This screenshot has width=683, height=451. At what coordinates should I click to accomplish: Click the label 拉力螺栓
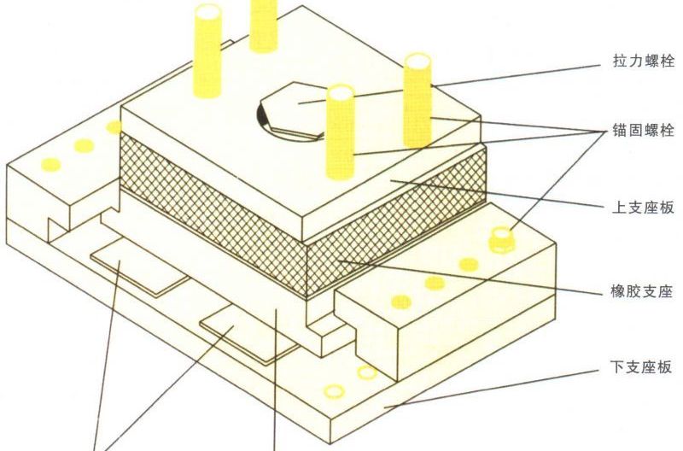pyautogui.click(x=644, y=61)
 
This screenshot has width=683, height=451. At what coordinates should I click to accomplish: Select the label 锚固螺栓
pyautogui.click(x=644, y=130)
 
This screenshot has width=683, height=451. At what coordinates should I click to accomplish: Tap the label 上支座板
pyautogui.click(x=644, y=208)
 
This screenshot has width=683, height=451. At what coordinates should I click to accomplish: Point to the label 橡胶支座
pyautogui.click(x=642, y=290)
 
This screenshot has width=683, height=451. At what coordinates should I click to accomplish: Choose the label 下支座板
pyautogui.click(x=641, y=367)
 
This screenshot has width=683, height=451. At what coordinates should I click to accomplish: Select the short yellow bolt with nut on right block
pyautogui.click(x=502, y=239)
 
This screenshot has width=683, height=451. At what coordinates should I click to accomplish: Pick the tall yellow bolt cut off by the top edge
pyautogui.click(x=263, y=26)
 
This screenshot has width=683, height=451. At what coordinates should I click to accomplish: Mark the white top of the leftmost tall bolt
pyautogui.click(x=207, y=12)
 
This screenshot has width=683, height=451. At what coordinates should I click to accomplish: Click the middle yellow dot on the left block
pyautogui.click(x=84, y=145)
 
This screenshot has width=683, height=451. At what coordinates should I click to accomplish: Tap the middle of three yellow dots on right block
pyautogui.click(x=435, y=283)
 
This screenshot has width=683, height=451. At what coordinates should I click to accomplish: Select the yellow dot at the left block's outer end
pyautogui.click(x=51, y=165)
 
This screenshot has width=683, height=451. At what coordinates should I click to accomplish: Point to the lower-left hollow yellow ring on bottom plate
pyautogui.click(x=335, y=391)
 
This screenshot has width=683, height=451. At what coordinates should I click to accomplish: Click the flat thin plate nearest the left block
pyautogui.click(x=140, y=266)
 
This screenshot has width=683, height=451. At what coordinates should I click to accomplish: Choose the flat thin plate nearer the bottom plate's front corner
pyautogui.click(x=248, y=332)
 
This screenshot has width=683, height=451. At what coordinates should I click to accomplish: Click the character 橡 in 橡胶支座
pyautogui.click(x=618, y=290)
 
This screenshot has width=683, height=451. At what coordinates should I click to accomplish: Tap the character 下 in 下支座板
pyautogui.click(x=617, y=367)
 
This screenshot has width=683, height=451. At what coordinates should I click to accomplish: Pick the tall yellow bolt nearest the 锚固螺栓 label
pyautogui.click(x=417, y=100)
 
